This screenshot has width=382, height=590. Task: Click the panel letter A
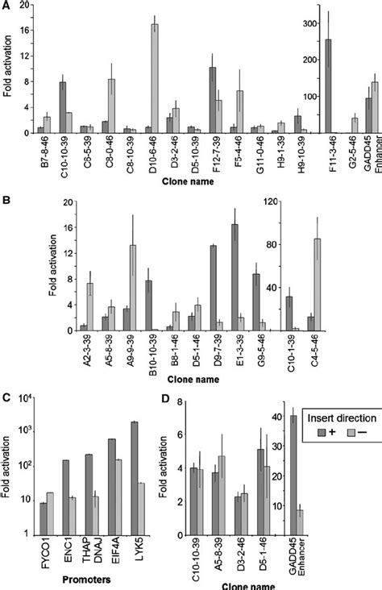coord(6,6)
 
